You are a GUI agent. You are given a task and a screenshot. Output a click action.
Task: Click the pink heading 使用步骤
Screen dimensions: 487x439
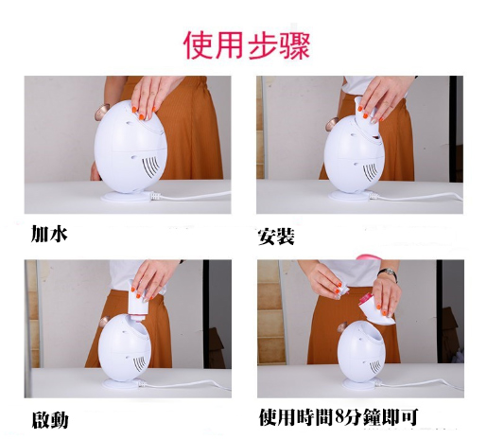coord(247,45)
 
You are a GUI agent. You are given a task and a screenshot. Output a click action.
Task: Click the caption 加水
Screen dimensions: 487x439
coord(49,234)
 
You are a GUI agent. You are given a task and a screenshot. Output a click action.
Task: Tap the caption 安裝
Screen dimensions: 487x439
coord(276,237)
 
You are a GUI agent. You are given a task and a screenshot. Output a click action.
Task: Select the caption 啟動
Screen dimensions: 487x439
coord(50,419)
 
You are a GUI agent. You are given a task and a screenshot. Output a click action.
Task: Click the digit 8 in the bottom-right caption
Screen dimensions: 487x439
coord(339,417)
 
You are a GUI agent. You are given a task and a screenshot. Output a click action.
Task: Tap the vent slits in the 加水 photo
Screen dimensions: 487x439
coord(150,166)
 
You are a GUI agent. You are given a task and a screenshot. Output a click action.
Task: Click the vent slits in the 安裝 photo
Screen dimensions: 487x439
coord(370,171)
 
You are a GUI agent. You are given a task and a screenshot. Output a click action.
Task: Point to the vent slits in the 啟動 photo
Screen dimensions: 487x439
coord(140,363)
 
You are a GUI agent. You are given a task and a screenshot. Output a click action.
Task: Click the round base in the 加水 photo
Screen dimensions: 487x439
coord(125,198)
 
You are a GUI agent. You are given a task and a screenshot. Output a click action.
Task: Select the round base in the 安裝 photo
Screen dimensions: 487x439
coord(349,196)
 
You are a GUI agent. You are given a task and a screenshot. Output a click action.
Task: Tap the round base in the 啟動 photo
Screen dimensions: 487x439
coord(120,384)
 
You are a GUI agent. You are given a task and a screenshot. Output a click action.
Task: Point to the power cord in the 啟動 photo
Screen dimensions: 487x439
coord(183,384)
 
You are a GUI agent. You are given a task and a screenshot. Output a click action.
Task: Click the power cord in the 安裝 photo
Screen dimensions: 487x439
coord(416,197)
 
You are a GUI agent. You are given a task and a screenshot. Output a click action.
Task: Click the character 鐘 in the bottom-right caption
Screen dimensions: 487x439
coord(373,417)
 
